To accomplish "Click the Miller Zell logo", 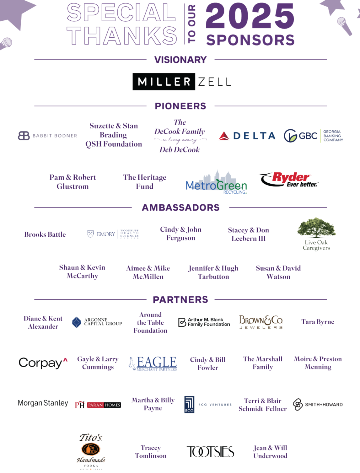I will [181, 82].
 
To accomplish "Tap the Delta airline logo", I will [247, 136].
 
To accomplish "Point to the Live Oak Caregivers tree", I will [316, 228].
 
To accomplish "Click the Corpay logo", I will [43, 363].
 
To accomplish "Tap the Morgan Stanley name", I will [43, 403].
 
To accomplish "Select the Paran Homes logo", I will [98, 405].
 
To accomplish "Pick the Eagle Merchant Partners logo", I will [153, 363].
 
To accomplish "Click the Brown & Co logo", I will [261, 322].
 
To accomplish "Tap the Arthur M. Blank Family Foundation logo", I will [204, 322].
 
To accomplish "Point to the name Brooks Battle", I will [45, 234].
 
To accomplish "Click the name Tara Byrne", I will [317, 322].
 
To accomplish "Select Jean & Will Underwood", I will [270, 452].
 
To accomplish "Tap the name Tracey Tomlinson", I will [151, 452].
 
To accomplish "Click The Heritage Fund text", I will [145, 182].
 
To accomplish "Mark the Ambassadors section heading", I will [180, 207].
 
